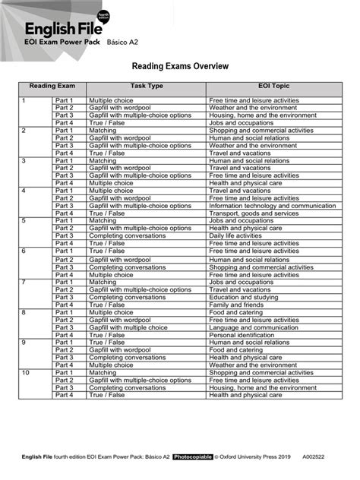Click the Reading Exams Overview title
[x=180, y=66]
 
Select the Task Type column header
[x=147, y=87]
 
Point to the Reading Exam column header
[x=46, y=87]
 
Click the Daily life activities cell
[x=236, y=235]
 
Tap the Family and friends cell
[x=235, y=305]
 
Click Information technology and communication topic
[x=272, y=205]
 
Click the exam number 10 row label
[x=26, y=372]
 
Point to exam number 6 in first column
[x=24, y=251]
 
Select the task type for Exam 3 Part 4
[x=111, y=183]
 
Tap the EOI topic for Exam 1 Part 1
[x=254, y=100]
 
